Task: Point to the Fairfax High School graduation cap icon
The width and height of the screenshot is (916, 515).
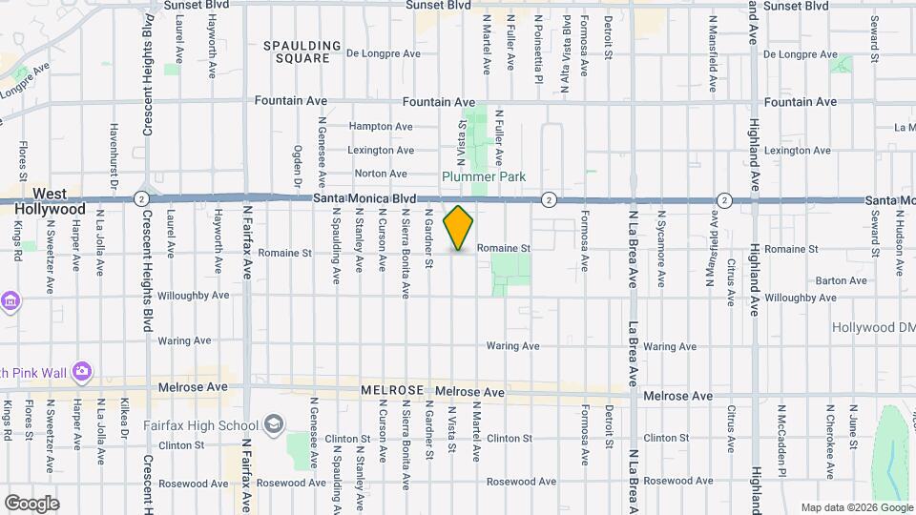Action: tap(274, 423)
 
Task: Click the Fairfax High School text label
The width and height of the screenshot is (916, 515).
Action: tap(201, 425)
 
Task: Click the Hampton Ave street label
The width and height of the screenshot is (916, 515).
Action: tap(381, 127)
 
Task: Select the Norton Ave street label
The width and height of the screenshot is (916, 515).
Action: tap(381, 174)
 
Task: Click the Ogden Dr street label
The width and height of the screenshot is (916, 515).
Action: tap(297, 166)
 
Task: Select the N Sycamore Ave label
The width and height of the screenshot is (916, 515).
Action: tap(660, 252)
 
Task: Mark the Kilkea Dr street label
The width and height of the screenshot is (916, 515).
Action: tap(124, 421)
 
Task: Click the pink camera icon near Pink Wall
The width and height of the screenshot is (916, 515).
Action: tap(82, 370)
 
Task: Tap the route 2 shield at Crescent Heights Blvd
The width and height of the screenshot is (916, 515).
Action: tap(141, 198)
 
